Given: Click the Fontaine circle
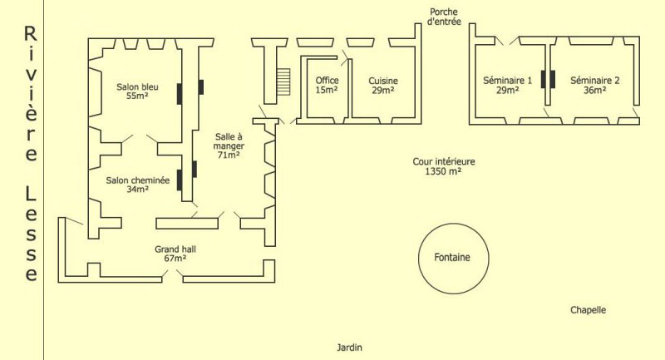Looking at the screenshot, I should [x=451, y=257].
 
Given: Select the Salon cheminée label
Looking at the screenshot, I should [x=137, y=184].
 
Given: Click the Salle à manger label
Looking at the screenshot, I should [x=228, y=145].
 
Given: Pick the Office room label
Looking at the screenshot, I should [x=326, y=85].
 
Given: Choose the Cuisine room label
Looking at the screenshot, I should [x=383, y=85].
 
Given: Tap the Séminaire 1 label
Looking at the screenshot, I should [x=507, y=85].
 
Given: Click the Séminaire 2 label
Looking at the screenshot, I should [x=595, y=85].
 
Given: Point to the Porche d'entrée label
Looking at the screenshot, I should [x=444, y=17].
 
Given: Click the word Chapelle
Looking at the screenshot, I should [x=588, y=310].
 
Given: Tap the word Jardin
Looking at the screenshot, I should [x=350, y=348].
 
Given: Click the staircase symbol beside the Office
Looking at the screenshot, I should [x=283, y=81].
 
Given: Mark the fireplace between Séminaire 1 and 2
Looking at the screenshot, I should [x=547, y=79].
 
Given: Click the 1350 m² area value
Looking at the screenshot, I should [x=444, y=172].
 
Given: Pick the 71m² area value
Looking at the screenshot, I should [x=228, y=155].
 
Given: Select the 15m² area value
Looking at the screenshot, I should [x=326, y=91].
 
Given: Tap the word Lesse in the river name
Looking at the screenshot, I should [x=31, y=234].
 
